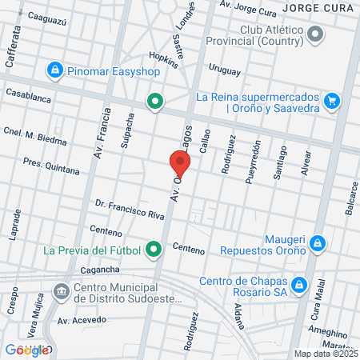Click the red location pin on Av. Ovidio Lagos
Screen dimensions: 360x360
(x=179, y=165)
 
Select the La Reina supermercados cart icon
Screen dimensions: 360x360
(x=333, y=101)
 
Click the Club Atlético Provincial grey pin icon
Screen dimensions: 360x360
(x=315, y=34)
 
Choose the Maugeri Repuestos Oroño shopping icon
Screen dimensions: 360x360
(x=318, y=242)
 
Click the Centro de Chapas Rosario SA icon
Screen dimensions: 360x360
(x=299, y=284)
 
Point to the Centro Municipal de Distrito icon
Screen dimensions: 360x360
(x=61, y=290)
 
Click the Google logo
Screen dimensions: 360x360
(x=26, y=350)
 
